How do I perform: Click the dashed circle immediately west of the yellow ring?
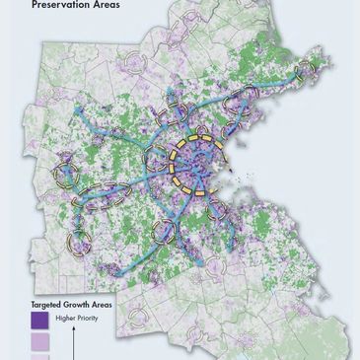coord(159,159)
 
